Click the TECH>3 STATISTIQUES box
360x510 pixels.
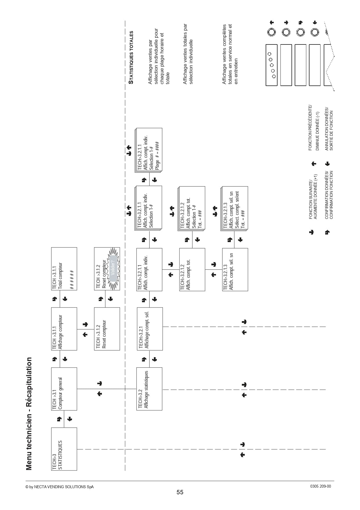click(64, 449)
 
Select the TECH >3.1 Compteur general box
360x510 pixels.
click(64, 389)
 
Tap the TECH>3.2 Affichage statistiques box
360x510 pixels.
click(149, 389)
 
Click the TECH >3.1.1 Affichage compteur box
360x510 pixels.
click(64, 329)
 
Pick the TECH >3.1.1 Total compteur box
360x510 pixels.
click(64, 269)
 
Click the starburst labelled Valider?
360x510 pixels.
click(113, 269)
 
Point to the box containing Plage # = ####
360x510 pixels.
click(148, 150)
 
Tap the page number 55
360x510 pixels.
click(180, 492)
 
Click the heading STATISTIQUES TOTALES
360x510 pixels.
click(131, 58)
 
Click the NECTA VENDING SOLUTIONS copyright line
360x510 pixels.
click(60, 487)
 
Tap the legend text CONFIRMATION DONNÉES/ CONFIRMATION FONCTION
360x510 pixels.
click(329, 195)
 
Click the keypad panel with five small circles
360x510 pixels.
click(271, 65)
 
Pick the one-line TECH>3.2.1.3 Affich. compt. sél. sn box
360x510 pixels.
click(235, 269)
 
